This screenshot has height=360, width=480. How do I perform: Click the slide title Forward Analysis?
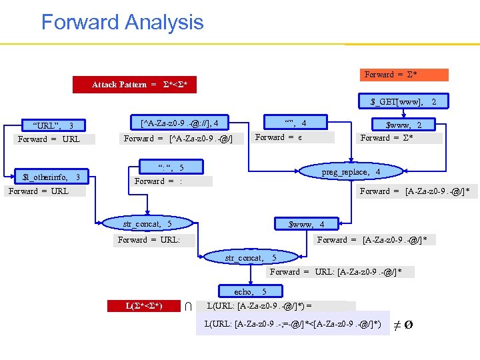click(x=122, y=22)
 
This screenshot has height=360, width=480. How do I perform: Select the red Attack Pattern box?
click(x=139, y=85)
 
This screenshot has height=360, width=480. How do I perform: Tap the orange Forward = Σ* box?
click(x=405, y=75)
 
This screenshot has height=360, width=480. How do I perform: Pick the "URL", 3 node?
click(x=53, y=126)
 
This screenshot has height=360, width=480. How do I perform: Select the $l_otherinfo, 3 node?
click(x=51, y=177)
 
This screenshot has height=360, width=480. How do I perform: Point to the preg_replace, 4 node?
click(x=360, y=172)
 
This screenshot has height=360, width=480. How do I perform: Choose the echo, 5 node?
click(x=250, y=292)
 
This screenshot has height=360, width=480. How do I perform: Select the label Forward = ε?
click(x=279, y=137)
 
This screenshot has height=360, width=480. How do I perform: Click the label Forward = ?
click(x=172, y=181)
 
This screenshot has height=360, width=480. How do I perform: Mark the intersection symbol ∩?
click(x=189, y=306)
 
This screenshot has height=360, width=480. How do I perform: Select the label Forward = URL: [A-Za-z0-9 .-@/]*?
click(x=341, y=272)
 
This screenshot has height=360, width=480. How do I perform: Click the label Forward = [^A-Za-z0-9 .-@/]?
click(x=178, y=139)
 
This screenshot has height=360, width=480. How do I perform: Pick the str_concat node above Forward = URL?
click(x=147, y=225)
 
